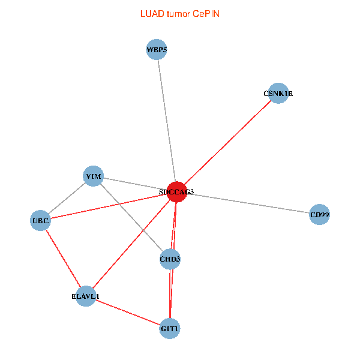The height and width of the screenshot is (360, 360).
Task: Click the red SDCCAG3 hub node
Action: pos(176,192)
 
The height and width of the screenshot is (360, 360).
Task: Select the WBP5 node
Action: pos(157,49)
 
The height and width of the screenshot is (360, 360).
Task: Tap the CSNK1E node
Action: pos(278,93)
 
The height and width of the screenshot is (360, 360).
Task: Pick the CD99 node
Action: pos(320,214)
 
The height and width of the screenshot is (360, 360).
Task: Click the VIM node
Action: pos(93,176)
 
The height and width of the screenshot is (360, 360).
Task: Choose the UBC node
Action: pos(40,220)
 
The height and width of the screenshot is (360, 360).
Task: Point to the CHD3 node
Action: pos(170,259)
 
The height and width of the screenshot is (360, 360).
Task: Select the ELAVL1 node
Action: pos(86,296)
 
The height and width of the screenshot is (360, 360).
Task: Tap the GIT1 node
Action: pos(170,329)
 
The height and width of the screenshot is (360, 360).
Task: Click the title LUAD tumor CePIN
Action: pos(180,14)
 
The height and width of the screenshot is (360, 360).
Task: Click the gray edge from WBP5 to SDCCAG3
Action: pos(167,121)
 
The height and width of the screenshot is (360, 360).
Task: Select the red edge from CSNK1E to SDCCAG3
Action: pos(227,143)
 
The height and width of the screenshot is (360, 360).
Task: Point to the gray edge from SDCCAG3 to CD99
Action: pos(248,203)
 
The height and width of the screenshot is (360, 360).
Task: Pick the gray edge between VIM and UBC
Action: pos(67,198)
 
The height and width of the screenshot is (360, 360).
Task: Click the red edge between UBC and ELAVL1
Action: pos(63,258)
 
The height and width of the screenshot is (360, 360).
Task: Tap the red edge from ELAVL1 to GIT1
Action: pos(128,313)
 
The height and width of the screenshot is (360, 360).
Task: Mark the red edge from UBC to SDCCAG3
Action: pos(109,206)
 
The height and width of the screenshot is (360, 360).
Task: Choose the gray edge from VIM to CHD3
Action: pos(131,217)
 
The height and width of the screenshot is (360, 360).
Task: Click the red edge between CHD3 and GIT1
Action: pos(170,294)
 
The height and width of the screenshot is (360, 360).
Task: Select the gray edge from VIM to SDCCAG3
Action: pos(135,184)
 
